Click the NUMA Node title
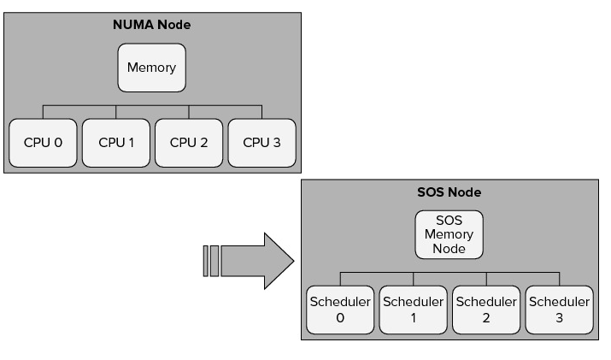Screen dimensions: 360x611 pos(152,25)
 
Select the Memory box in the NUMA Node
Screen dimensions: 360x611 pos(151,68)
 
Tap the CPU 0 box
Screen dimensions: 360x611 pos(43,142)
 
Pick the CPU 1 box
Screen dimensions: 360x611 pos(116,142)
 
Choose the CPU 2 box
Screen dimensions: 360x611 pos(189,142)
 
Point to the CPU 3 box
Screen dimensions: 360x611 pos(261,142)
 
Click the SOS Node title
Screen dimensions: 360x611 pos(449,192)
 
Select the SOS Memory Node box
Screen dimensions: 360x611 pos(449,234)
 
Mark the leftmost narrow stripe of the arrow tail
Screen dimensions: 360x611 pos(206,260)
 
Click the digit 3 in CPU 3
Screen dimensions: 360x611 pos(276,142)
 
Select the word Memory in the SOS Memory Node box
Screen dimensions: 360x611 pos(449,234)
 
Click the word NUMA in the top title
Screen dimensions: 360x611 pos(131,25)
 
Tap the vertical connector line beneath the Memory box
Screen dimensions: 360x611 pos(151,98)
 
